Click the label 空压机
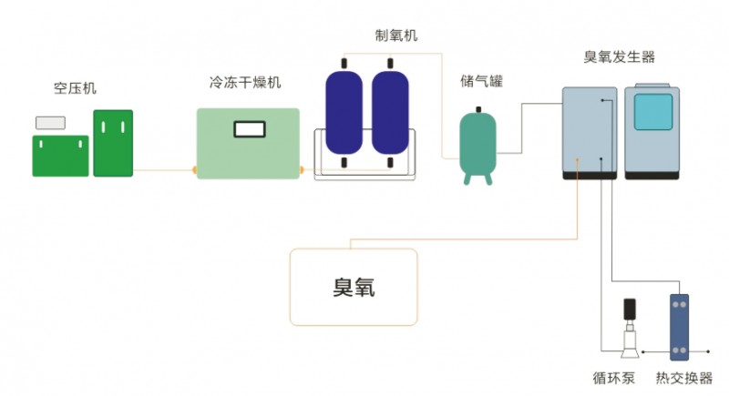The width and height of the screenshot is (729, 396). [75, 89]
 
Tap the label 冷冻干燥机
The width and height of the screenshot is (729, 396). [245, 82]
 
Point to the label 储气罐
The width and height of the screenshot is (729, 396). [481, 82]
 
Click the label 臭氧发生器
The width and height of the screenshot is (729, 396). [620, 57]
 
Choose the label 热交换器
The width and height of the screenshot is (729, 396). [684, 378]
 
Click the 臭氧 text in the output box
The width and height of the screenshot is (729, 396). [354, 289]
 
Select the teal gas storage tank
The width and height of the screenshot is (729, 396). [477, 144]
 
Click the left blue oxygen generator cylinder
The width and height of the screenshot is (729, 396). [344, 113]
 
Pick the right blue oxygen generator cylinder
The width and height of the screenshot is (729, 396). [390, 113]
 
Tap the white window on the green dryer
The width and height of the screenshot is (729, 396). [249, 129]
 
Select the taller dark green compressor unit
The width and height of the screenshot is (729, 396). [113, 143]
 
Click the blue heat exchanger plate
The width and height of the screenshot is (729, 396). [680, 328]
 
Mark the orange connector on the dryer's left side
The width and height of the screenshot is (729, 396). [193, 169]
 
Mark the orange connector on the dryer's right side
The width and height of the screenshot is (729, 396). [303, 169]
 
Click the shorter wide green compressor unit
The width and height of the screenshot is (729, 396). [61, 156]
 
